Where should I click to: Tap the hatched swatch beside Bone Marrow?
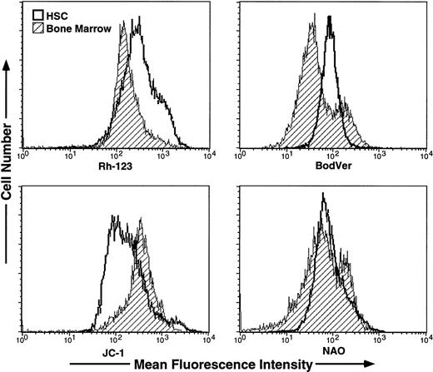coord(37,26)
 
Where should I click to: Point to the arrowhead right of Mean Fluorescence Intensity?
coord(328,364)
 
